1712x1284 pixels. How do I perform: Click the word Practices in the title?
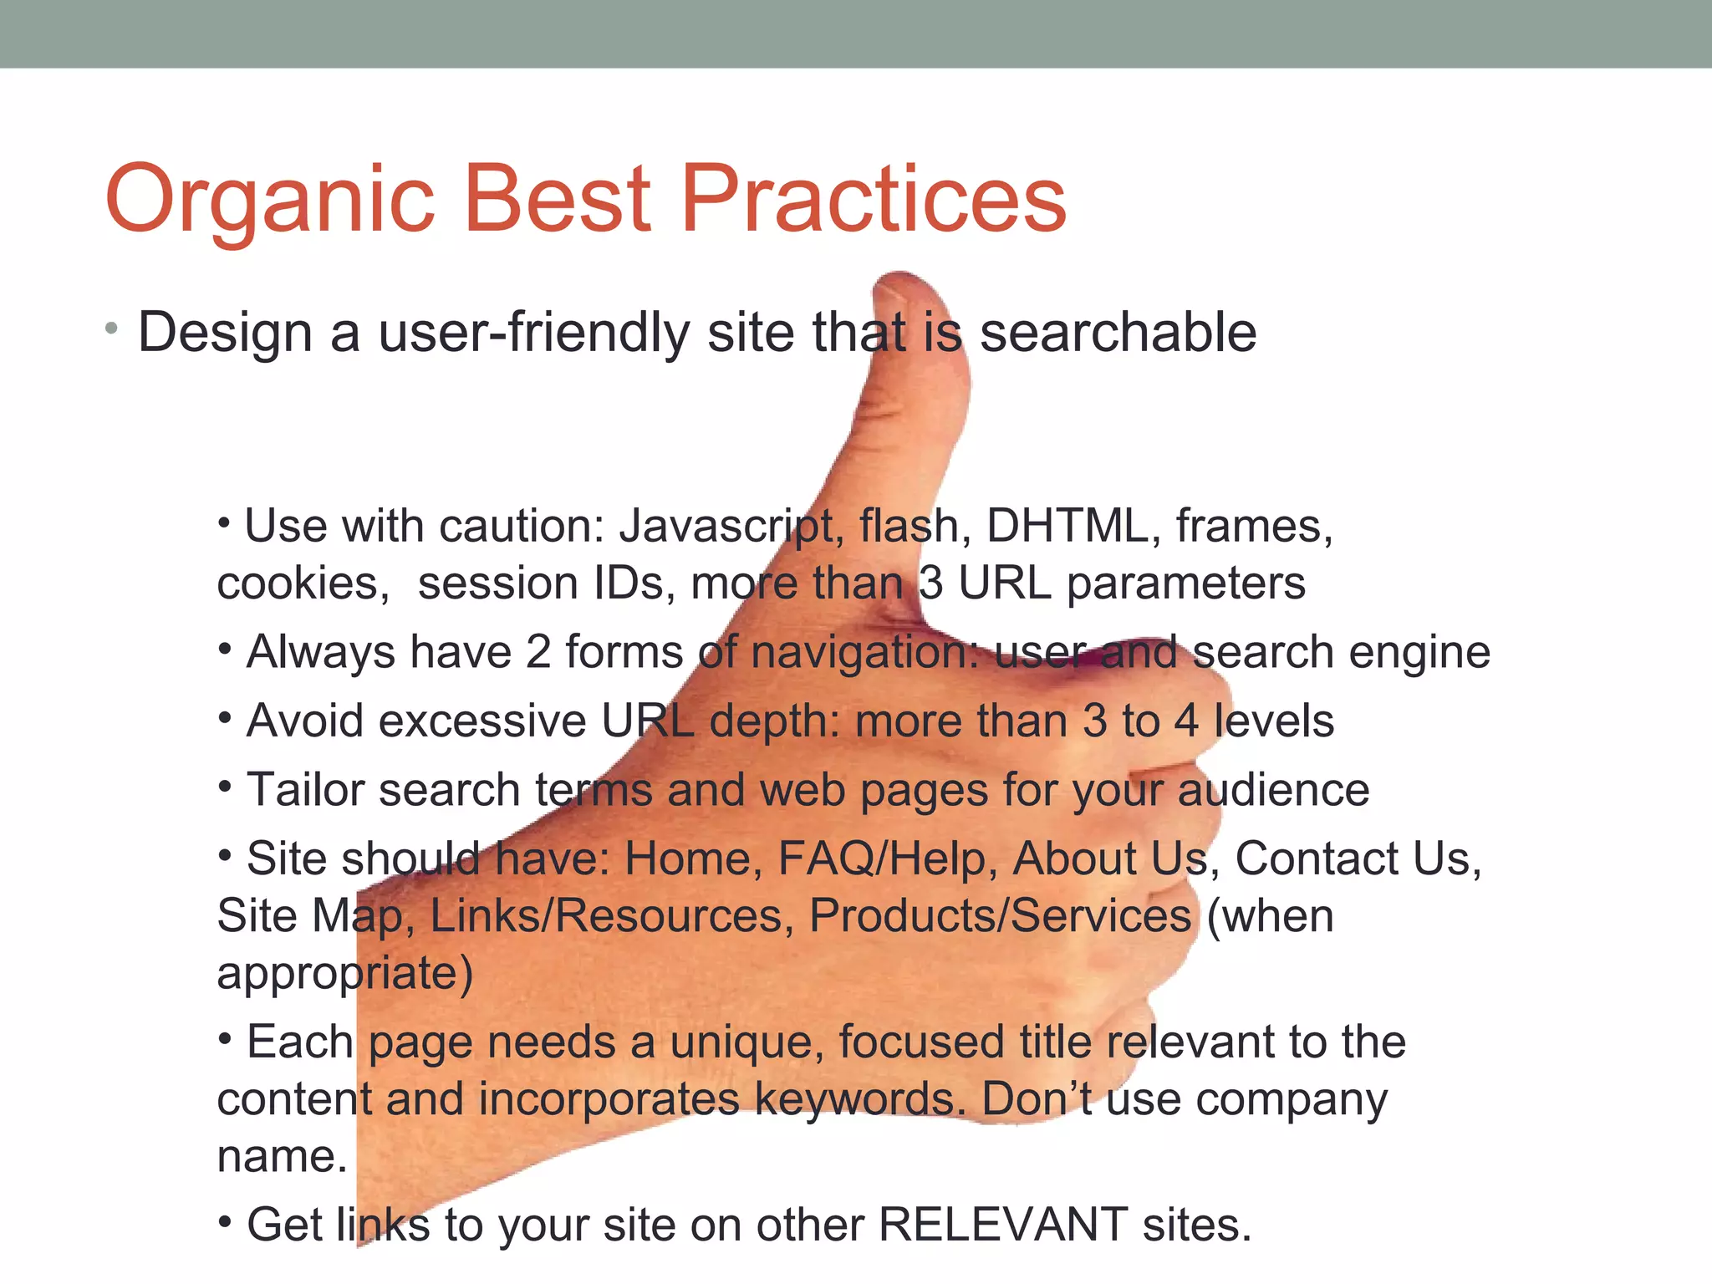click(873, 199)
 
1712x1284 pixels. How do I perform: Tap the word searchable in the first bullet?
click(1118, 333)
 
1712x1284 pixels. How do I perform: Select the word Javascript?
click(726, 527)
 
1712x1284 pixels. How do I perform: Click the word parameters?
click(1185, 583)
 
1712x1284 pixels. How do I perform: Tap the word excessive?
click(482, 721)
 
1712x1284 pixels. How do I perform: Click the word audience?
click(1273, 790)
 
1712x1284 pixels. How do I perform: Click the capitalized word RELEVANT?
click(1002, 1225)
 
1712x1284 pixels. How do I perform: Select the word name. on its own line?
click(282, 1157)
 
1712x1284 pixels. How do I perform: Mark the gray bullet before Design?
click(111, 330)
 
